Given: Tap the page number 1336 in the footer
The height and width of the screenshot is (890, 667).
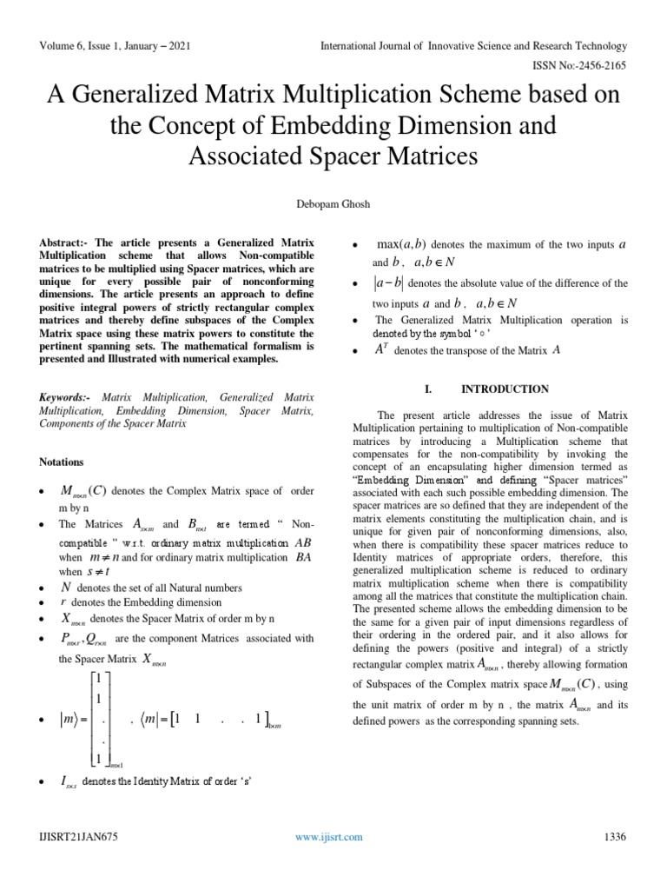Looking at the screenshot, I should click(x=614, y=837).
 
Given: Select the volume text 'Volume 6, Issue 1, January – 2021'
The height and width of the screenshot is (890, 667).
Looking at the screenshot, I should click(x=115, y=44).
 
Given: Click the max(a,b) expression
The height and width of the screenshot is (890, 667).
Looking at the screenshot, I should click(x=400, y=244).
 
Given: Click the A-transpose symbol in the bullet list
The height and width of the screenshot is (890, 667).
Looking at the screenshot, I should click(x=381, y=349).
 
